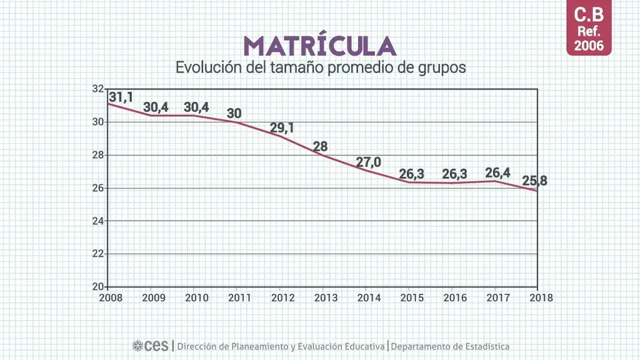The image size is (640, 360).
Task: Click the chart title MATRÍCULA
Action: coord(319,46)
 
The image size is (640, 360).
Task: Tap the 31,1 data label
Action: coord(121,97)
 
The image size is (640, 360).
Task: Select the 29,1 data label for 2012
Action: coord(282,128)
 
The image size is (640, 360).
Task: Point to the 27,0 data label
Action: coord(369,162)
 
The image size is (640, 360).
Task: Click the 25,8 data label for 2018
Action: coord(535,182)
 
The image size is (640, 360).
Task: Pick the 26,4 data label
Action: coord(497,172)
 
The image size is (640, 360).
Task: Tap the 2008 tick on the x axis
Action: coord(111,298)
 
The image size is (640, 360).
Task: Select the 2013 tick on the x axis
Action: coord(325,298)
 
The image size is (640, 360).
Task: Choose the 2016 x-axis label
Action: coord(454,298)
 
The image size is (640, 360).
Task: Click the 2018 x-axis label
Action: coord(540,298)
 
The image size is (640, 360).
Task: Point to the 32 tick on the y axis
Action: coord(97,89)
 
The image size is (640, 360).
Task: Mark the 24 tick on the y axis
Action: coord(97,221)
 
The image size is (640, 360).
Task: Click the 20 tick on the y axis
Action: coord(97,287)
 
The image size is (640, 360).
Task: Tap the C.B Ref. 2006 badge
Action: coord(589,29)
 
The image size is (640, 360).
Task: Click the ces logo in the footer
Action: coord(151,346)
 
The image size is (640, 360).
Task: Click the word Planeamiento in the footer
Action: coord(247,346)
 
